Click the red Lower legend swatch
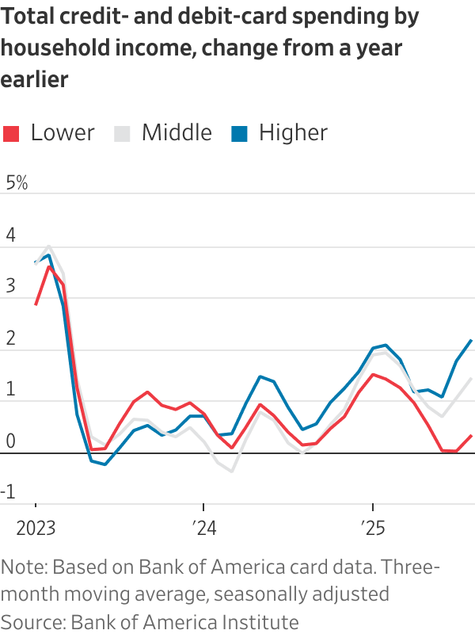pyautogui.click(x=11, y=133)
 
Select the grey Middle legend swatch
pyautogui.click(x=122, y=133)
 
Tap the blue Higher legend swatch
pyautogui.click(x=239, y=133)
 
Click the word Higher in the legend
pyautogui.click(x=293, y=132)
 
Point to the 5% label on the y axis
pyautogui.click(x=17, y=183)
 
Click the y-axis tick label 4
pyautogui.click(x=10, y=235)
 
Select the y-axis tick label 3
pyautogui.click(x=10, y=286)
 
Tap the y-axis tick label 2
pyautogui.click(x=10, y=338)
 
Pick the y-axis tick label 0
pyautogui.click(x=10, y=441)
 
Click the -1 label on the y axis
pyautogui.click(x=10, y=492)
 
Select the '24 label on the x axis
pyautogui.click(x=203, y=527)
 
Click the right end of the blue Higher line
pyautogui.click(x=472, y=341)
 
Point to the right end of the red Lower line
pyautogui.click(x=472, y=435)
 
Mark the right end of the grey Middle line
pyautogui.click(x=472, y=378)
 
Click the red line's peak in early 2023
pyautogui.click(x=50, y=266)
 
